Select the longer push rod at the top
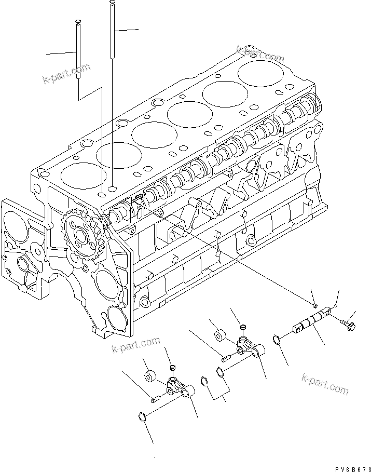coord(112,31)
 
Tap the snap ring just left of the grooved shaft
coord(278,340)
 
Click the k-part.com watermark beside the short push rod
coord(66,73)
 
